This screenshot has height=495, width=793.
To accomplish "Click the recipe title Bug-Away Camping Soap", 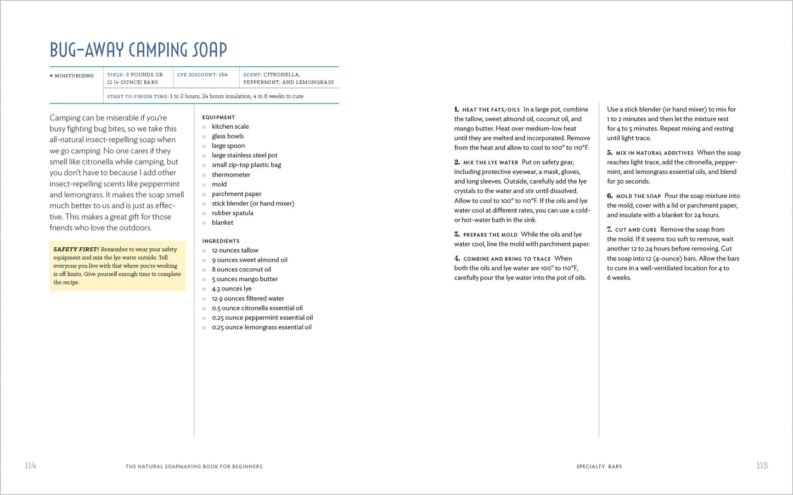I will (x=138, y=50).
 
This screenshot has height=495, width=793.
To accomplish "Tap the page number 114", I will (x=30, y=465).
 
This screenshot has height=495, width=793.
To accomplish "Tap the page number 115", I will (x=762, y=465).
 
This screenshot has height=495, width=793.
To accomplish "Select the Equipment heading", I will (x=218, y=117).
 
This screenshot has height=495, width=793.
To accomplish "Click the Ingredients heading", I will (x=221, y=241).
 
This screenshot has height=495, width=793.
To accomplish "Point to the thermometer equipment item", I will (x=231, y=175).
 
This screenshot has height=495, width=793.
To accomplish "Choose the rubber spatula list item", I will (x=233, y=213).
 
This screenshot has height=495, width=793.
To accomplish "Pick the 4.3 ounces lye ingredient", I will (x=232, y=289).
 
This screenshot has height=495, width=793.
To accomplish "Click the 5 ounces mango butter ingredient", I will (x=245, y=279).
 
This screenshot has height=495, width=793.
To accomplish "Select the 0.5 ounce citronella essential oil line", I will (x=257, y=308).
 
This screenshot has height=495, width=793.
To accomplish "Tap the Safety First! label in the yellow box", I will (x=76, y=249).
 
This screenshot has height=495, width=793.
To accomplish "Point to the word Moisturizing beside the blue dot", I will (x=74, y=76).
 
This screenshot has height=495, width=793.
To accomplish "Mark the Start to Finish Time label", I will (x=138, y=96).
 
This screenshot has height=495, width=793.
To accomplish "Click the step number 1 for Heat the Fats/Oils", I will (x=457, y=110).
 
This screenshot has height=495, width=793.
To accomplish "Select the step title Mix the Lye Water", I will (x=491, y=163).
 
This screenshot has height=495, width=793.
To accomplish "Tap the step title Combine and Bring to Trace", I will (x=507, y=259).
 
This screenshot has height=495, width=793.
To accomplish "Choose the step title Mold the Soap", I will (x=638, y=196).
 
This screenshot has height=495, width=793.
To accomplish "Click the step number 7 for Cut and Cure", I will (x=610, y=230).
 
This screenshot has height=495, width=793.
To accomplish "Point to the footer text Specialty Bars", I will (x=599, y=466).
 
